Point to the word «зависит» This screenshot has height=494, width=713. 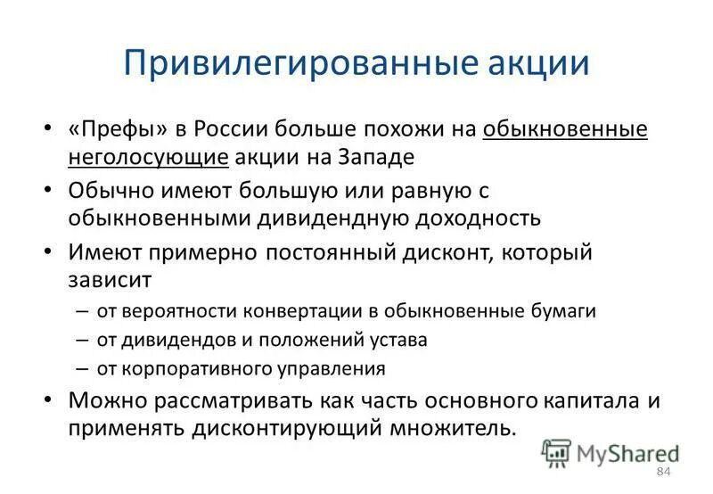[x=111, y=279]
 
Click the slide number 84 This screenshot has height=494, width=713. [x=662, y=471]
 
